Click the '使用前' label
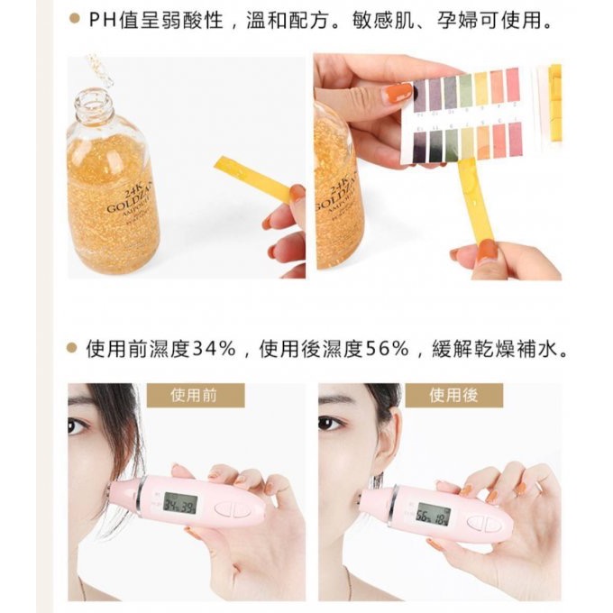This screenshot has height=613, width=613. tap(194, 395)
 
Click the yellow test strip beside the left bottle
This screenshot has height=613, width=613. tap(252, 178)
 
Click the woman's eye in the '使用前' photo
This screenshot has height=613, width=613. tap(77, 424)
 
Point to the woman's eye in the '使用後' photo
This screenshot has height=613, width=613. tap(330, 422)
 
